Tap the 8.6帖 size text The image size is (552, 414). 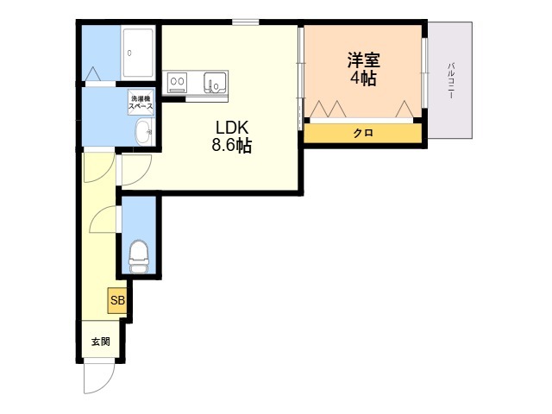tap(232, 146)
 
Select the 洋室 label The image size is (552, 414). tap(363, 61)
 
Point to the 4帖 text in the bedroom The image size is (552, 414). tap(363, 78)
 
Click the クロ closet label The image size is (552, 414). tap(362, 134)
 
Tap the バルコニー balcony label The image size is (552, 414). tap(451, 80)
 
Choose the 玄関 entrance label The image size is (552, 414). tap(101, 342)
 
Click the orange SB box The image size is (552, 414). tap(117, 301)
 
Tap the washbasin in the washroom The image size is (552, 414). tap(143, 133)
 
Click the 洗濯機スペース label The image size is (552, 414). tap(141, 102)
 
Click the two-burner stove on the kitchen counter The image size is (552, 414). tap(178, 83)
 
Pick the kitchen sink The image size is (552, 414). tap(214, 83)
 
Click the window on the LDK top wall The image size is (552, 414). tap(245, 22)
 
